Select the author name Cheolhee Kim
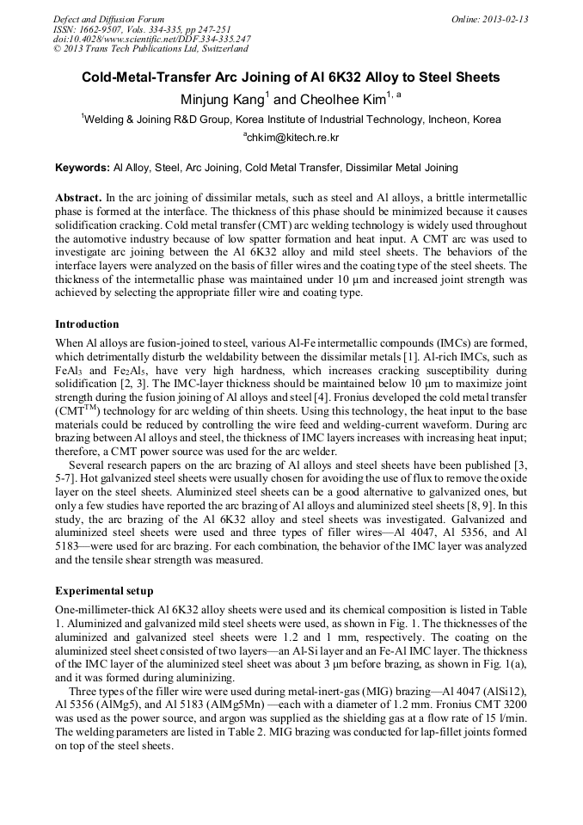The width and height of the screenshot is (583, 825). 341,100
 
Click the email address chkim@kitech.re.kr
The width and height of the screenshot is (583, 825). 292,137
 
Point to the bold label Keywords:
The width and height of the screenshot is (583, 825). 82,167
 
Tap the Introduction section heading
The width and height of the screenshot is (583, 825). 88,324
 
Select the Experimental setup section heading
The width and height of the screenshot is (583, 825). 104,591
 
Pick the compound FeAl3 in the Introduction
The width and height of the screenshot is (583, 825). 69,369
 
